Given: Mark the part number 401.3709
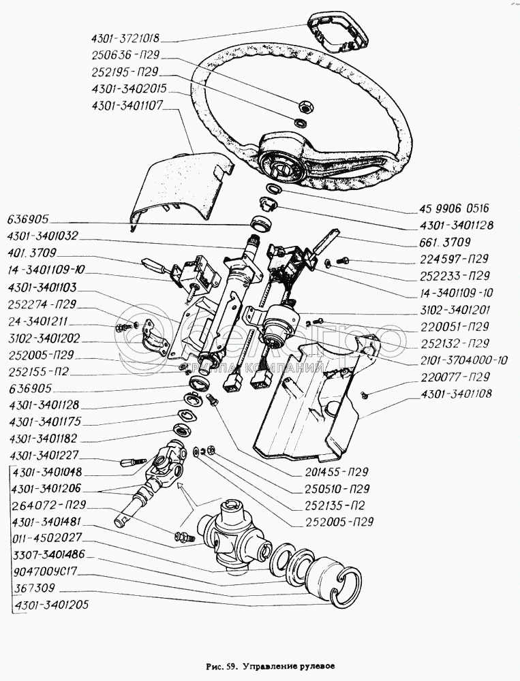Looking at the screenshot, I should pyautogui.click(x=33, y=253).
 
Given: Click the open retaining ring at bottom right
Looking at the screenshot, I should pyautogui.click(x=348, y=587).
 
